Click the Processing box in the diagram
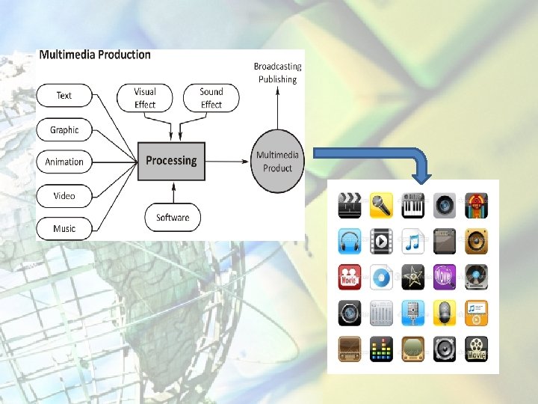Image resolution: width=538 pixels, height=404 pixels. pyautogui.click(x=171, y=161)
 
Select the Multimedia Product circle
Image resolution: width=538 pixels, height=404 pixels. pyautogui.click(x=277, y=161)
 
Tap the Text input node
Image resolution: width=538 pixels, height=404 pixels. pyautogui.click(x=64, y=96)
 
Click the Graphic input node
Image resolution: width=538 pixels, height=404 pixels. pyautogui.click(x=64, y=130)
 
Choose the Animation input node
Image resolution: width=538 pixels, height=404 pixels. pyautogui.click(x=64, y=162)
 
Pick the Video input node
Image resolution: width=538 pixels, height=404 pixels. pyautogui.click(x=64, y=196)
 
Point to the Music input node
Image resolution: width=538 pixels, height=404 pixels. pyautogui.click(x=64, y=228)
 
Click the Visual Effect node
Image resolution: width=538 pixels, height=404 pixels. pyautogui.click(x=145, y=98)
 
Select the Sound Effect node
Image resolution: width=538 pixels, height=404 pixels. pyautogui.click(x=211, y=98)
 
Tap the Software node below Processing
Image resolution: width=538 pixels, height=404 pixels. pyautogui.click(x=173, y=218)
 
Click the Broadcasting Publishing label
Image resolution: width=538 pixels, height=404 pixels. pyautogui.click(x=277, y=73)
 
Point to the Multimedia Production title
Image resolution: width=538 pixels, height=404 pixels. pyautogui.click(x=95, y=55)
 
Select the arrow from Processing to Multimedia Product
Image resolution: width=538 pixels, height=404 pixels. pyautogui.click(x=229, y=161)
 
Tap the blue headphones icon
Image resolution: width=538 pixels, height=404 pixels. pyautogui.click(x=350, y=241)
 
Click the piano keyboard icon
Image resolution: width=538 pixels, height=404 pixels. pyautogui.click(x=413, y=204)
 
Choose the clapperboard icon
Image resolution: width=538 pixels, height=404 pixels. pyautogui.click(x=350, y=204)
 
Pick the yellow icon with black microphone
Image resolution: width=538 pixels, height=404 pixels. pyautogui.click(x=382, y=204)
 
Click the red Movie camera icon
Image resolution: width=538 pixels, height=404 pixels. pyautogui.click(x=350, y=277)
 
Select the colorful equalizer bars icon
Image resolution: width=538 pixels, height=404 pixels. pyautogui.click(x=382, y=348)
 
